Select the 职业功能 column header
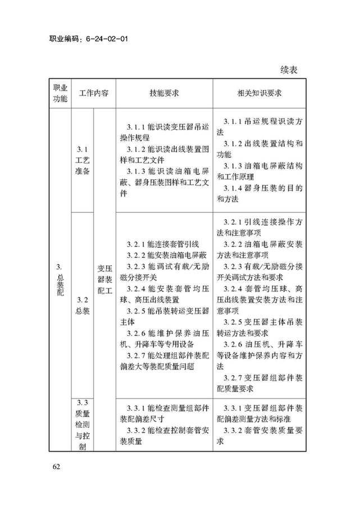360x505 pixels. pos(60,94)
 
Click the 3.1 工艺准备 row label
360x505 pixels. pos(82,160)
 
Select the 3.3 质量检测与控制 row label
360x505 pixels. pos(82,424)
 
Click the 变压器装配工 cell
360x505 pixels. pos(105,279)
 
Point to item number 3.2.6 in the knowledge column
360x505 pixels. pos(233,344)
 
